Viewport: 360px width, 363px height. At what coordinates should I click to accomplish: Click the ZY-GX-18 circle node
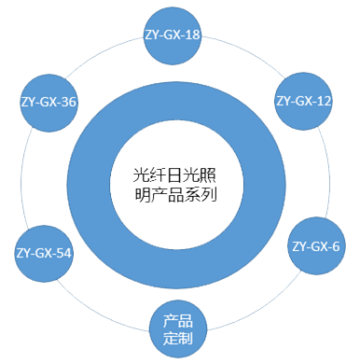click(173, 35)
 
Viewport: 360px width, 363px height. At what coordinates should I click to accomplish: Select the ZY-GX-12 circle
click(303, 100)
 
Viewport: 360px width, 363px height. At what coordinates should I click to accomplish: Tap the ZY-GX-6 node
click(315, 246)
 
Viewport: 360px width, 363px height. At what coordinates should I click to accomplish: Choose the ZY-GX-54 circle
click(45, 253)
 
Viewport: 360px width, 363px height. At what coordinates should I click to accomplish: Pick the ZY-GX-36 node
click(48, 102)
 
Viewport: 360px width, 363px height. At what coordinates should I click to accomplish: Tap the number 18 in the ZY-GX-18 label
click(194, 35)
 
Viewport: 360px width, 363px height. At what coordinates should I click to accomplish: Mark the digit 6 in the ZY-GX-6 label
click(336, 246)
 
